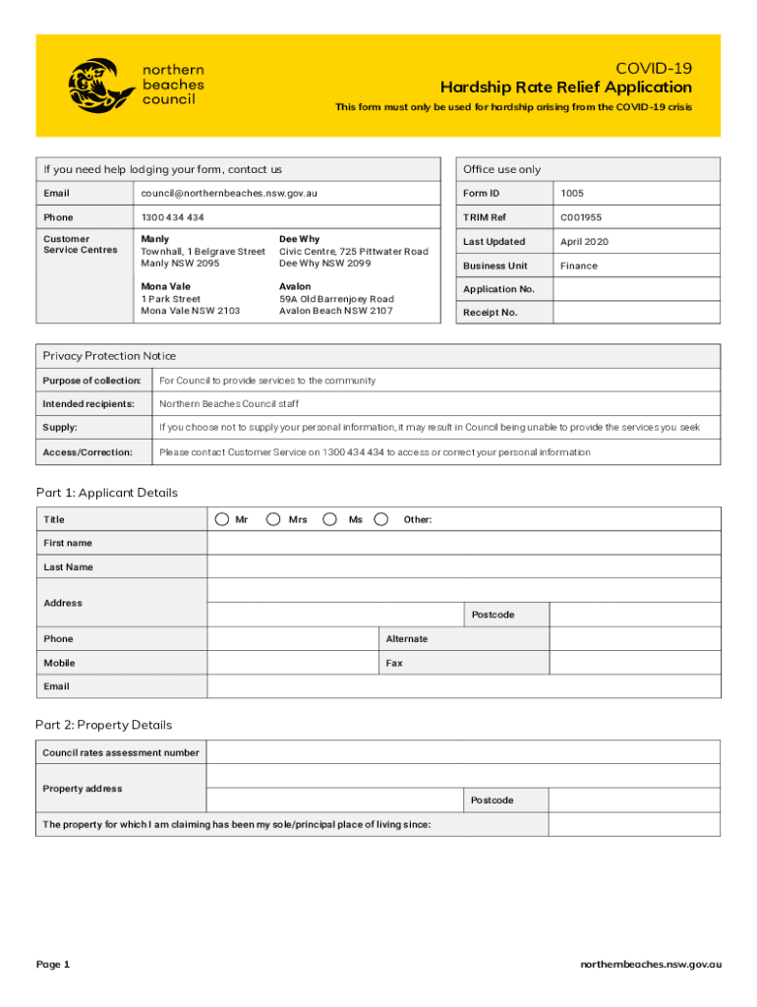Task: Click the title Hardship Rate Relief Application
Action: point(565,88)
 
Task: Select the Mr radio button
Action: point(223,519)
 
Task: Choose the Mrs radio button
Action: point(272,519)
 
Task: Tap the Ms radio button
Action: point(330,519)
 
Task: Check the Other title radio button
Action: point(381,519)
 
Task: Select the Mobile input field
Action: point(293,663)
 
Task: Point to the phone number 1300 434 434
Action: point(172,217)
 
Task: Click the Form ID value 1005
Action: point(571,194)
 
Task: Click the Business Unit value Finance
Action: point(578,266)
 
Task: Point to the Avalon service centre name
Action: point(295,287)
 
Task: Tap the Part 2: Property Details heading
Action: point(103,725)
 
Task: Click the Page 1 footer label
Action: point(53,964)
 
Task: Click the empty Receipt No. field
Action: point(636,313)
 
